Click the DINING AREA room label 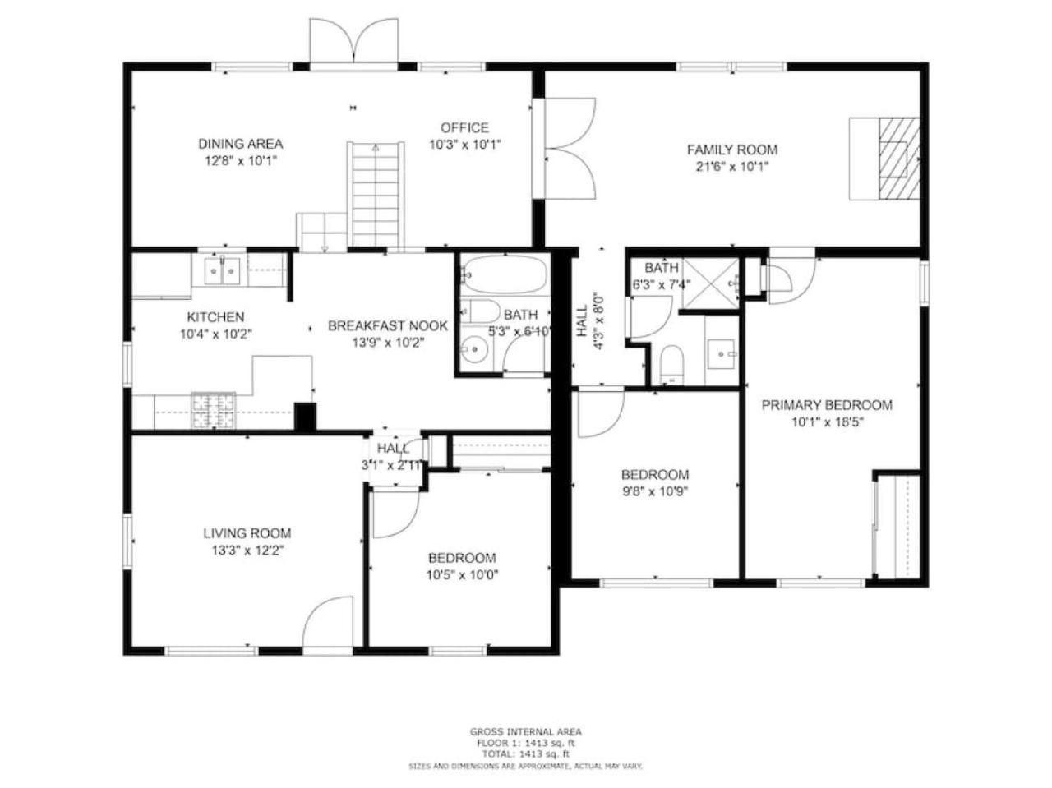pos(240,144)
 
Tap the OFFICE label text pos(464,128)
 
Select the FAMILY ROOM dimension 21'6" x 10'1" pos(731,167)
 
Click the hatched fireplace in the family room pos(898,158)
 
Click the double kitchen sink pos(222,272)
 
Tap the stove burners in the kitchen pos(213,410)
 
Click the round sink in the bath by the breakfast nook pos(474,348)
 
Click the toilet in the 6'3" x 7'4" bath pos(671,364)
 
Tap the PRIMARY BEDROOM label pos(827,405)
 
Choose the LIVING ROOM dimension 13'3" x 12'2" pos(247,551)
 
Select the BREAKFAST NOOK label pos(387,326)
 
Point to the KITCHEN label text pos(215,317)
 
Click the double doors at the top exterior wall pos(353,42)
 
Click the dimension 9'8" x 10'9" pos(655,492)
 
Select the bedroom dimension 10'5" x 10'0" pos(462,575)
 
